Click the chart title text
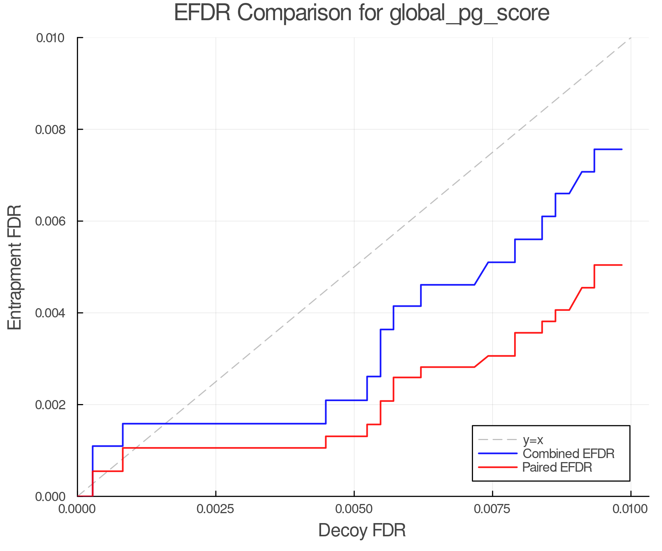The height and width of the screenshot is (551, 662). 362,13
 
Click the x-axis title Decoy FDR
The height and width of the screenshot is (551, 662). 362,530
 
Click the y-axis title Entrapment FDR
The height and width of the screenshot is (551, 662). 15,267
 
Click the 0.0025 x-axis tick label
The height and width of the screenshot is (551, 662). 216,509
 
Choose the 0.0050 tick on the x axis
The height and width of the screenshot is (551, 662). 354,509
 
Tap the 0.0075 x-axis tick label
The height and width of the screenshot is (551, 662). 492,509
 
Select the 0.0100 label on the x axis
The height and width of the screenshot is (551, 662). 630,509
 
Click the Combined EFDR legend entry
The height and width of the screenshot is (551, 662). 568,454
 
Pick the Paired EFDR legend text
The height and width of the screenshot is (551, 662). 557,467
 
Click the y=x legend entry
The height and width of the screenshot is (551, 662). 533,440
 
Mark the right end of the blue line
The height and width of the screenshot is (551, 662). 622,150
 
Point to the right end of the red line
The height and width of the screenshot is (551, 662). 622,265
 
